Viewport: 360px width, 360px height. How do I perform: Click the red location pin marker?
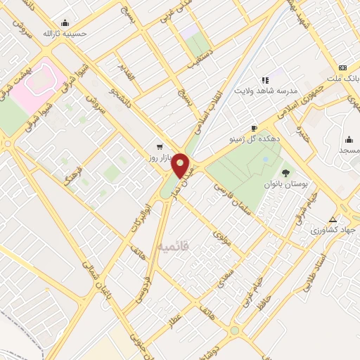(x=181, y=165)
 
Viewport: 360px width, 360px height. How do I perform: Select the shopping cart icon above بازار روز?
(x=160, y=147)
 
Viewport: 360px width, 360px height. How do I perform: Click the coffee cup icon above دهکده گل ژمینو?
(x=253, y=128)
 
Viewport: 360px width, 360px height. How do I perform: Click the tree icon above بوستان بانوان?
(x=285, y=172)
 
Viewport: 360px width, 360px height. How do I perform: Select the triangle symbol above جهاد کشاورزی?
(x=333, y=219)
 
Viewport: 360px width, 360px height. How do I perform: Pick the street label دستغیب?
(x=201, y=56)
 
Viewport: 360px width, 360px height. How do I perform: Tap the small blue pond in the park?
(x=265, y=160)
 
